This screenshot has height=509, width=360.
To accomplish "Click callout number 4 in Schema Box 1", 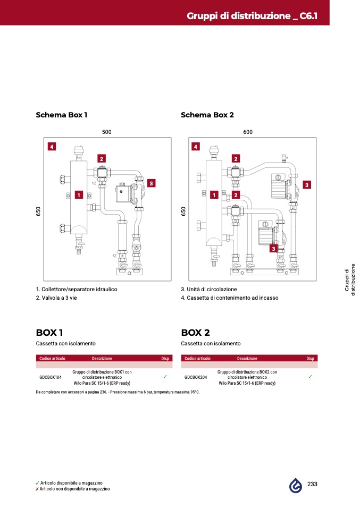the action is tap(52, 147).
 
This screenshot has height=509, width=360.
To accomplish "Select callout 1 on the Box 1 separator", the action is tap(79, 195).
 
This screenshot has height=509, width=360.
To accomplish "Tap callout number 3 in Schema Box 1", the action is tap(151, 183).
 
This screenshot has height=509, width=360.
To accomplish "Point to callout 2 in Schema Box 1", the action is tap(102, 159).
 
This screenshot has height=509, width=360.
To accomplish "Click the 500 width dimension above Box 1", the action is tap(106, 132).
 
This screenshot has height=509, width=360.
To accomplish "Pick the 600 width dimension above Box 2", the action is tap(248, 132).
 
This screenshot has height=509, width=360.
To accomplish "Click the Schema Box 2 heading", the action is tap(207, 115).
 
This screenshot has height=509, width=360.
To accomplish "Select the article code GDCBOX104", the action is tap(51, 377).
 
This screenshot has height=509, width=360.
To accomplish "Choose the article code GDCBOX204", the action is tap(196, 377).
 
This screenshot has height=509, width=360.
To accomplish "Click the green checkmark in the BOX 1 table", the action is tap(165, 377).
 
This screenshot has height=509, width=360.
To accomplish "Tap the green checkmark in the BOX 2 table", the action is tap(311, 377).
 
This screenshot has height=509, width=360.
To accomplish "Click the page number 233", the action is tap(312, 484).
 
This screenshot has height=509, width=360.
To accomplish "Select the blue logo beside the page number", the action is tap(296, 485).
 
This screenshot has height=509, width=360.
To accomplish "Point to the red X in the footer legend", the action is tap(37, 489).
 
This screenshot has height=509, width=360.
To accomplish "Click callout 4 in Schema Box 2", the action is tap(196, 147).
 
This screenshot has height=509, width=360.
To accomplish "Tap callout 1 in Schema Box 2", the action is tap(214, 195).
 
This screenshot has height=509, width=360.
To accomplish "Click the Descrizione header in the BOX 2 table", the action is tap(247, 359).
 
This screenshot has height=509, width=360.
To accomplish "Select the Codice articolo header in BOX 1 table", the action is tap(52, 359).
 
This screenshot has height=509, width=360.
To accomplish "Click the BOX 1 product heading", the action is tap(49, 333).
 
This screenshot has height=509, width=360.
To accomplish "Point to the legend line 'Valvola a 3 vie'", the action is tap(56, 298).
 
